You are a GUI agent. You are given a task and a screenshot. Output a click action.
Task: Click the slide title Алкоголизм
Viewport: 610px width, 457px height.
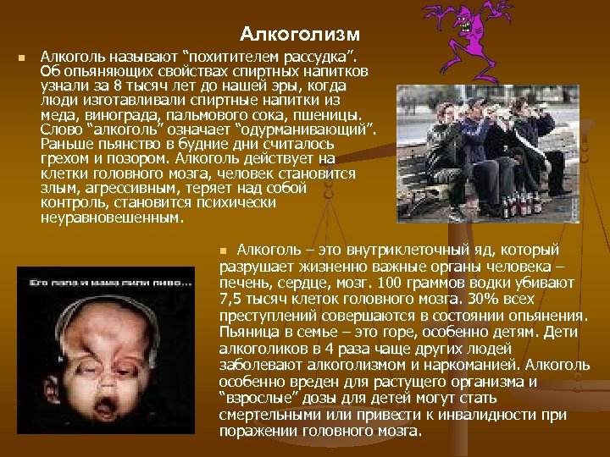[300, 34]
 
